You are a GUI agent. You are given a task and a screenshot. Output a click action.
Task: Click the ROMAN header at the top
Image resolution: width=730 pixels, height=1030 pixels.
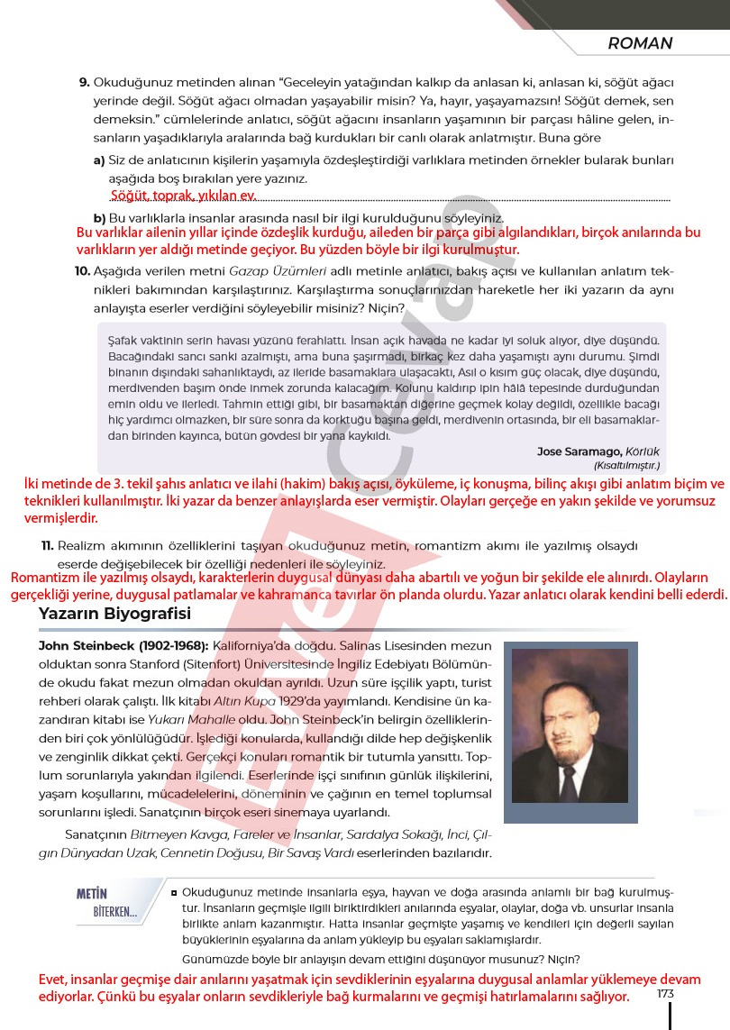tap(640, 43)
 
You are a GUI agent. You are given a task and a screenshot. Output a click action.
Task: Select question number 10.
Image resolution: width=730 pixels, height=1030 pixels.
tap(82, 270)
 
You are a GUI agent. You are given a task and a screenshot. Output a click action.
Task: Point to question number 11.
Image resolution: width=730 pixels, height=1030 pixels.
tap(48, 546)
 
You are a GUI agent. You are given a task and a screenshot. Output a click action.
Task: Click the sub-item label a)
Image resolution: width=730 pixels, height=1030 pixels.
tap(99, 160)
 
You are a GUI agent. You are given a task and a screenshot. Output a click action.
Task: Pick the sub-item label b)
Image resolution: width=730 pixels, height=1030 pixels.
tap(99, 218)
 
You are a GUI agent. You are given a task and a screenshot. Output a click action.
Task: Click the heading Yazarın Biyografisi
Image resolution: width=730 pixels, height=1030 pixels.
tap(114, 614)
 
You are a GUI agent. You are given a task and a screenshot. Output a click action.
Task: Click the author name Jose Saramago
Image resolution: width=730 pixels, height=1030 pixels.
tap(575, 451)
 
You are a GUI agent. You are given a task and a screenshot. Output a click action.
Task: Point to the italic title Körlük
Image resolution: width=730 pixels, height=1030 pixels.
tap(640, 451)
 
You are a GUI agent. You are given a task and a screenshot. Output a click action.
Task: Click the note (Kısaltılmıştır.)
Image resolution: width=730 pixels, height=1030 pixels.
tap(626, 466)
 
